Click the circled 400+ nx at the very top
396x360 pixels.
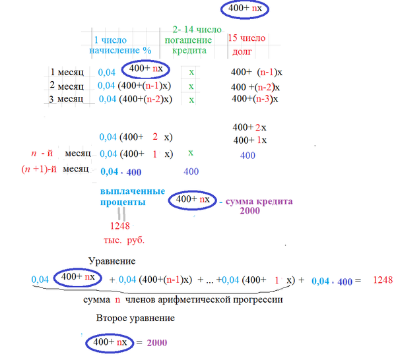tap(245, 9)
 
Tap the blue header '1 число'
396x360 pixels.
tap(110, 40)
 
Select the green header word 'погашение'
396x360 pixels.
tap(188, 40)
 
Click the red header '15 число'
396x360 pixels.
tap(247, 38)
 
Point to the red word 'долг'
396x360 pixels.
tap(242, 51)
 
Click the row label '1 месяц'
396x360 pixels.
tap(67, 72)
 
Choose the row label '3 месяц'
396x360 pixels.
tap(66, 99)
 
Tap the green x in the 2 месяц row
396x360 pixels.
tap(191, 86)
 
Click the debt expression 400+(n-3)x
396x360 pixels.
tap(255, 99)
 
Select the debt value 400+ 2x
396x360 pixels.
tap(249, 127)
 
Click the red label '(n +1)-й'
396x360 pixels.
tap(39, 169)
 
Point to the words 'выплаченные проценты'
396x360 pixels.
tap(133, 196)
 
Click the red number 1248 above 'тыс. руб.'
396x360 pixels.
tap(120, 225)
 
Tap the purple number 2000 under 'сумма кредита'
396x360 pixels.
tap(249, 210)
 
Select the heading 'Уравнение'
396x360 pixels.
tap(112, 261)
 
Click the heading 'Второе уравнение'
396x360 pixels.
tap(135, 318)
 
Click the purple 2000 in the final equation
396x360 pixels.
tap(157, 343)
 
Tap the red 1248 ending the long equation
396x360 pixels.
tap(383, 280)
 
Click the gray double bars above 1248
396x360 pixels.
tap(121, 214)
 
